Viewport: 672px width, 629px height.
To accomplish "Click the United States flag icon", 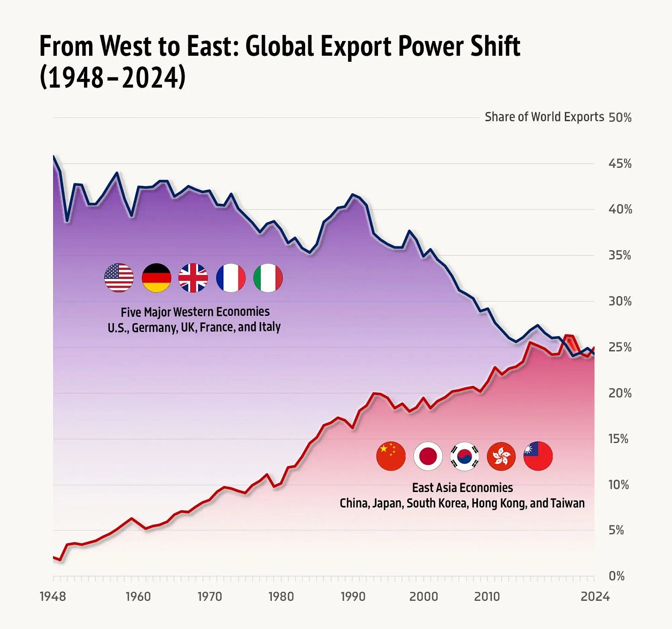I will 119,278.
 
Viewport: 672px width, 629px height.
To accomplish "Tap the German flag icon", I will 156,278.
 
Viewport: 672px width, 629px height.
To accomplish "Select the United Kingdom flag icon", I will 193,278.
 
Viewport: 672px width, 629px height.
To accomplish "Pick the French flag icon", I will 231,278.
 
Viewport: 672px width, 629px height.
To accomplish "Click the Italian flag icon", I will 268,278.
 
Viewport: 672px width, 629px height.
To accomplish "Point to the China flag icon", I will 391,456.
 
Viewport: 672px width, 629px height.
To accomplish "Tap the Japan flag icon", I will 428,456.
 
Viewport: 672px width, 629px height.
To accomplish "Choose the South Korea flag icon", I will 464,456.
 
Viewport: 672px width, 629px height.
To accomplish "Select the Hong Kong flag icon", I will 501,456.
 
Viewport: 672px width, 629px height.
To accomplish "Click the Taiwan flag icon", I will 538,456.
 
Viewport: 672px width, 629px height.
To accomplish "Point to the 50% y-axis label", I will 620,118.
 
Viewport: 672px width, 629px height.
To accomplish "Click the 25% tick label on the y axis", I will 620,347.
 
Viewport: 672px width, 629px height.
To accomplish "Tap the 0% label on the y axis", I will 617,576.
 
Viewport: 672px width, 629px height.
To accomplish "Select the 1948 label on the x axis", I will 53,597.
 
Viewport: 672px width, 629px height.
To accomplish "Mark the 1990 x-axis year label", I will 353,597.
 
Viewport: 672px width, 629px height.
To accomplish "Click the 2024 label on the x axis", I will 595,597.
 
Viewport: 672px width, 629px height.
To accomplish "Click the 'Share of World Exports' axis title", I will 544,117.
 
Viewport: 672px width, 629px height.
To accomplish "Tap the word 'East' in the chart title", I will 212,46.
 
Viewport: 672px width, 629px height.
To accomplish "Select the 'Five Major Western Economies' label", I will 195,312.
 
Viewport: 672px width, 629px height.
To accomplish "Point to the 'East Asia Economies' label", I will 462,488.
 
